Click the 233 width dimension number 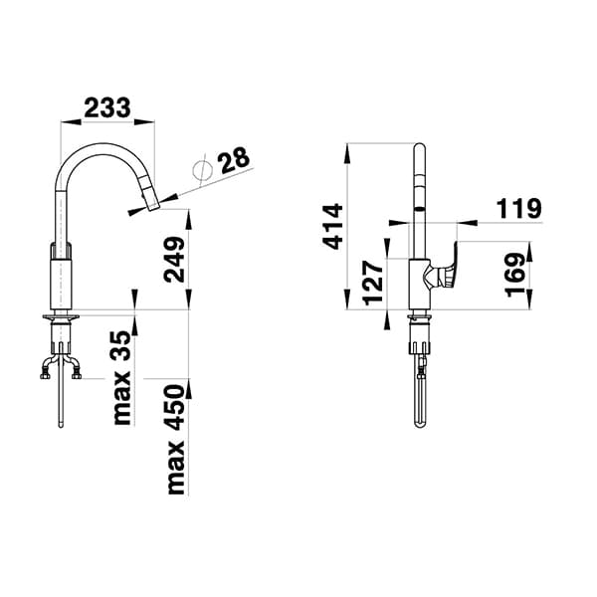(107, 107)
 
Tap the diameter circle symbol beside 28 (203, 170)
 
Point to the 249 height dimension (174, 260)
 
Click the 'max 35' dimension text (123, 378)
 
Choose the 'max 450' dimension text (176, 440)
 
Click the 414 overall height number (332, 227)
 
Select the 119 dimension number (518, 208)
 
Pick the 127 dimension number (373, 283)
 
